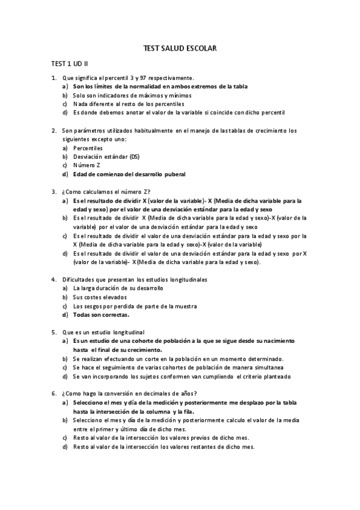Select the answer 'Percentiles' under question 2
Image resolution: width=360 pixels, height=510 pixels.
[88, 148]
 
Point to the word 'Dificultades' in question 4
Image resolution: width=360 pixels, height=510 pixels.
[78, 280]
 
